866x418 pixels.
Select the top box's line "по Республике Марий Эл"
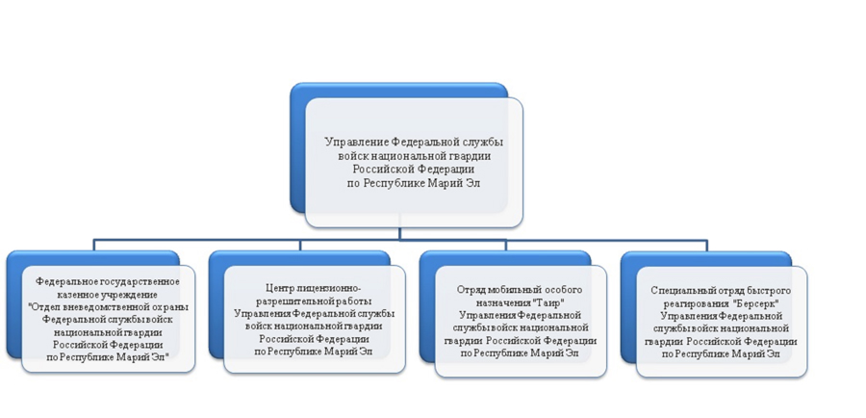(414, 184)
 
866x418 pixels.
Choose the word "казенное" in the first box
(71, 294)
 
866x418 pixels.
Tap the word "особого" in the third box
(564, 290)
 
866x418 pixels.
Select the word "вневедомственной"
(99, 307)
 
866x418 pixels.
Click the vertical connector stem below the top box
(400, 226)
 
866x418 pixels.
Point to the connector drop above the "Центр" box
(300, 246)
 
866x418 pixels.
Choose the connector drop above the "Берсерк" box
(707, 246)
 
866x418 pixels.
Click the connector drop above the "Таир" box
(506, 246)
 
